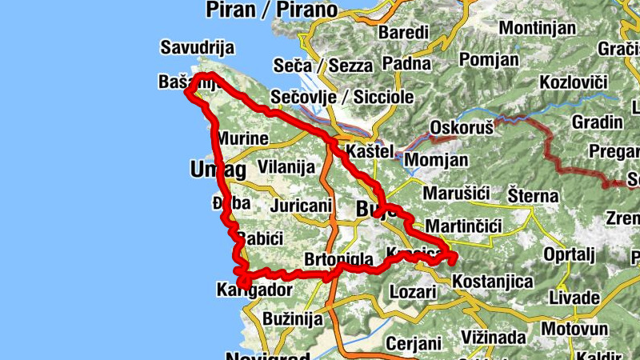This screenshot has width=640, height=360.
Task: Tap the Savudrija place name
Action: pos(197,46)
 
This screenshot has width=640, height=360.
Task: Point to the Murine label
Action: pos(241,138)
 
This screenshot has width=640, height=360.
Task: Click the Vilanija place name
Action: pos(286,167)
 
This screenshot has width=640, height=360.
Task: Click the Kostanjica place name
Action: pos(492,282)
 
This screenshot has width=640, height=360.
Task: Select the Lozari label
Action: pos(413,291)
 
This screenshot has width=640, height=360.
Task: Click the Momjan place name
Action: pos(437,160)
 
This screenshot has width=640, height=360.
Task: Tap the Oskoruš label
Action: pos(460,127)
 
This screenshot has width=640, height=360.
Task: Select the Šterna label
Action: pos(534,194)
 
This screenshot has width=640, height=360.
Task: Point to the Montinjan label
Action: pos(537,28)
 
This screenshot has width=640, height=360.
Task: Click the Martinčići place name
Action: pos(463,226)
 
